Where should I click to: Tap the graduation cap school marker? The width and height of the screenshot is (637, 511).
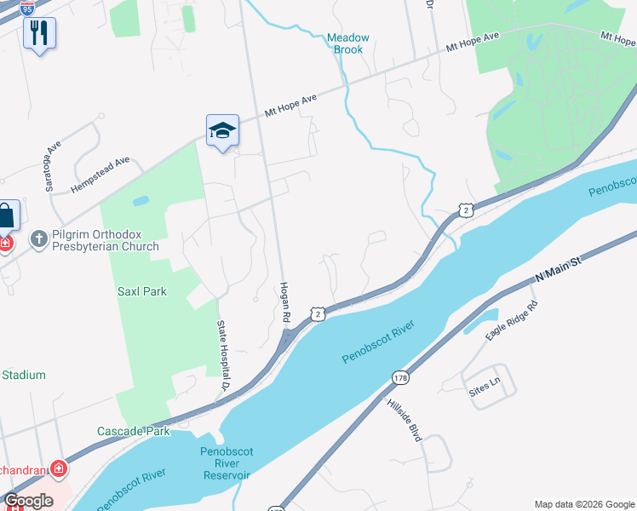coord(222,130)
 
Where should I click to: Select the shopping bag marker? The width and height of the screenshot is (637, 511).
coord(5,216)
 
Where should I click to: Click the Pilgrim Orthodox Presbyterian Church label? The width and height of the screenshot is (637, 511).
coord(106,240)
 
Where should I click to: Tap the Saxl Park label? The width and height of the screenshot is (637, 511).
coord(141,291)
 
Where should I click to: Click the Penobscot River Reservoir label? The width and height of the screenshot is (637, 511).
coord(226,463)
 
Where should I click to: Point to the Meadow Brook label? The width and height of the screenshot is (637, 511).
coord(348,43)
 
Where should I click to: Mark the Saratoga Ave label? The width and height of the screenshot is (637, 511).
coord(55,159)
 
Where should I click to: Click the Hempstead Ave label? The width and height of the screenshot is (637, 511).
coord(100,174)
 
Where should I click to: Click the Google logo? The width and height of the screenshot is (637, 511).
coord(28,501)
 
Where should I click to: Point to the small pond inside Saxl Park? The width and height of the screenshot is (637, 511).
coord(141,202)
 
